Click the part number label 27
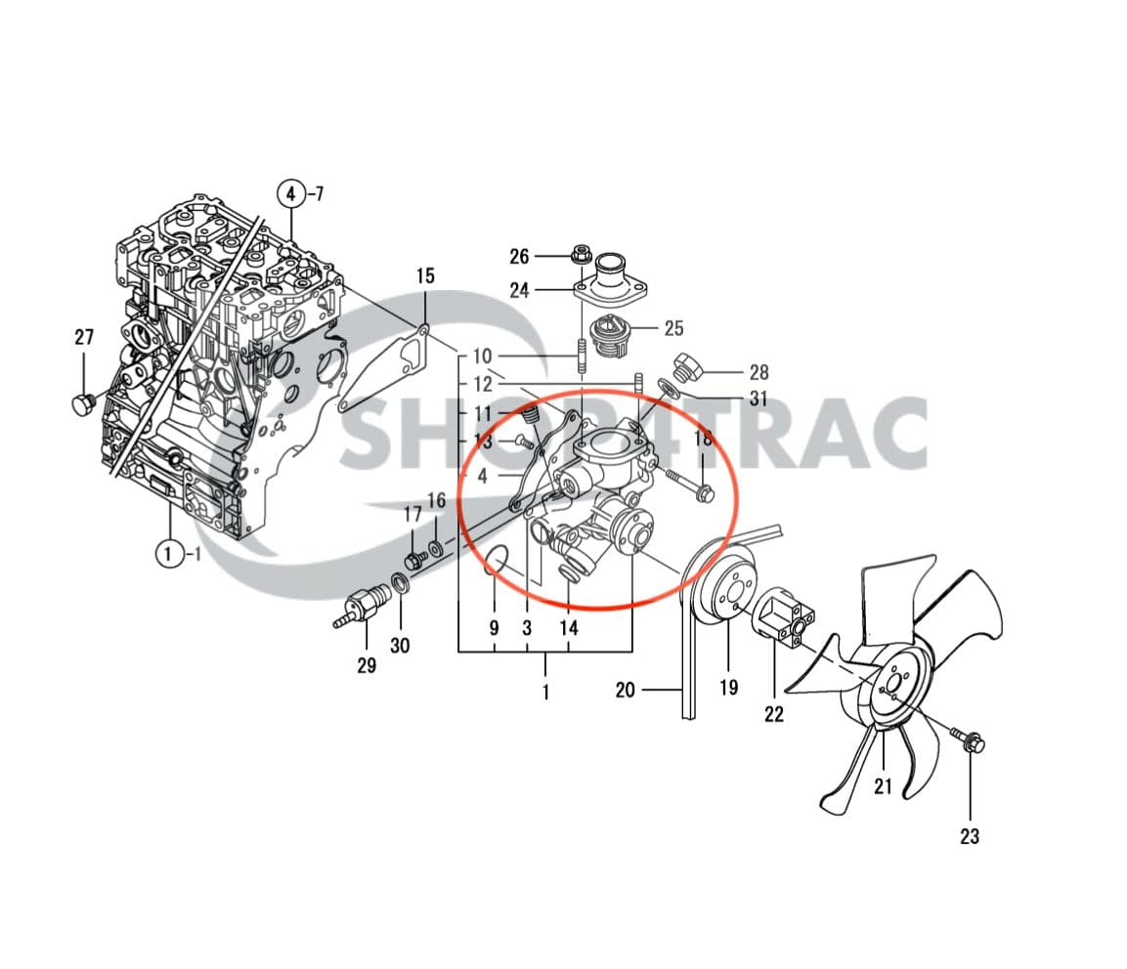(x=84, y=338)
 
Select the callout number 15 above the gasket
(x=424, y=276)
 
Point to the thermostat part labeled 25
(x=610, y=334)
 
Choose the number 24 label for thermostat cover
(x=519, y=290)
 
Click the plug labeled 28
(x=688, y=368)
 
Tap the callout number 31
(x=758, y=399)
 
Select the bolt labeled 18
(x=695, y=485)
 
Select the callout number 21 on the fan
(x=883, y=786)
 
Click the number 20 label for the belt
(x=626, y=691)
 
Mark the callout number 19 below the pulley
(x=729, y=688)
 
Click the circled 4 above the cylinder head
(x=290, y=192)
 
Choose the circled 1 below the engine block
(x=169, y=554)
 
